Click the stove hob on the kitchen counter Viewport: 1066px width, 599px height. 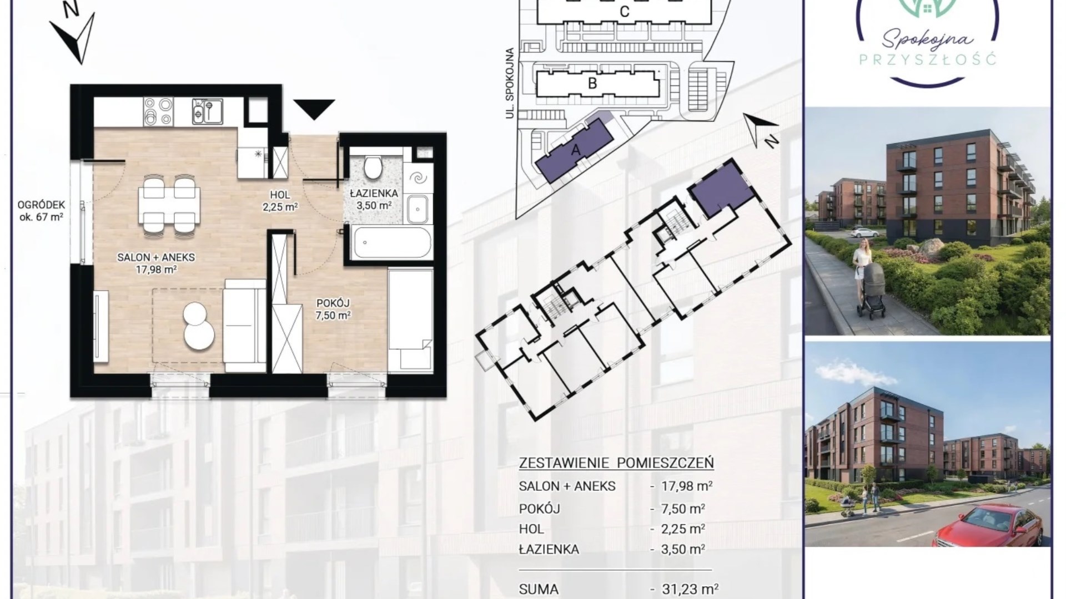(x=158, y=111)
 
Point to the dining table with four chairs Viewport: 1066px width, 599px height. (x=169, y=204)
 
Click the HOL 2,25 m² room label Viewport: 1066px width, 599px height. (x=280, y=200)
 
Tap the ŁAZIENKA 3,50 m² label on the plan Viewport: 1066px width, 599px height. (x=374, y=199)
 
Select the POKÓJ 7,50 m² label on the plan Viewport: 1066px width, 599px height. (x=333, y=309)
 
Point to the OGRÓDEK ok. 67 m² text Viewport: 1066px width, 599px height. (x=41, y=211)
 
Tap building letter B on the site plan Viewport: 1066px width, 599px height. (x=592, y=83)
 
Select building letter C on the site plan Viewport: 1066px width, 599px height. (x=625, y=12)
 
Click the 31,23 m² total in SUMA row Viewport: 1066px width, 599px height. (x=690, y=589)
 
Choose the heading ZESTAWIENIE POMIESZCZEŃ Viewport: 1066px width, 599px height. (x=616, y=463)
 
